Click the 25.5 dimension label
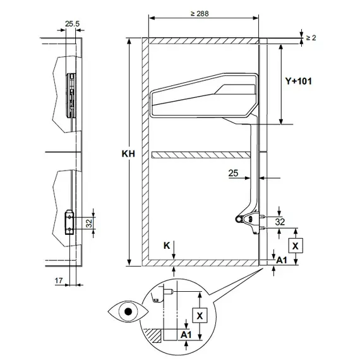pyautogui.click(x=71, y=24)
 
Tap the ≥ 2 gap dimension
pyautogui.click(x=311, y=38)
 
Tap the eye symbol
pyautogui.click(x=129, y=311)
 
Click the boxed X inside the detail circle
pyautogui.click(x=200, y=315)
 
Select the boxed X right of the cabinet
pyautogui.click(x=294, y=244)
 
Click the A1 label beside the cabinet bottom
pyautogui.click(x=282, y=260)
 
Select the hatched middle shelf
pyautogui.click(x=201, y=155)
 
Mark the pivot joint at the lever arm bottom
pyautogui.click(x=238, y=219)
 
